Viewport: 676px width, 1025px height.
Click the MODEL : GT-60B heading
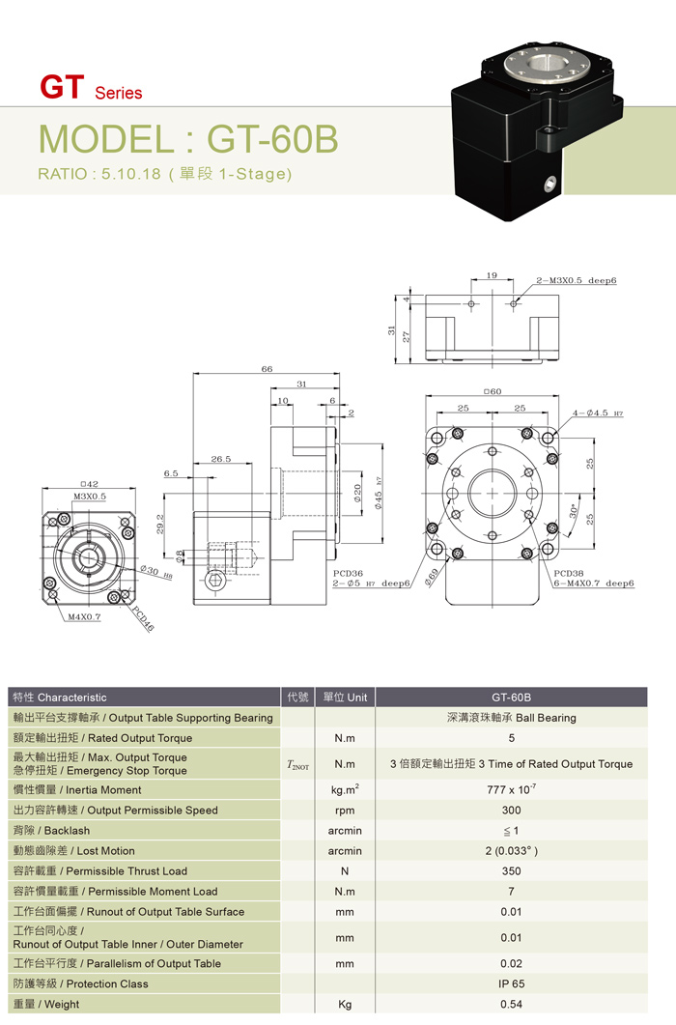click(188, 139)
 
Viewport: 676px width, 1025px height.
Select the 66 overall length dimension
click(267, 369)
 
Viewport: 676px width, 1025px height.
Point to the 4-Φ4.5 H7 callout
click(597, 413)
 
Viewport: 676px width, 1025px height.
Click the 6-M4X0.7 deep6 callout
click(594, 584)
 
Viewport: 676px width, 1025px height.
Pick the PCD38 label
click(569, 573)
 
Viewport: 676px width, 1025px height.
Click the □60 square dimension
click(493, 391)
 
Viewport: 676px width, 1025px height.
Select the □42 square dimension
click(89, 483)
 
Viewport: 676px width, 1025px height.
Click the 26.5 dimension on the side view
click(220, 460)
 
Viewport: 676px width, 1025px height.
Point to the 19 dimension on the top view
click(492, 276)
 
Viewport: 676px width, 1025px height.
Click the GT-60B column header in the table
click(511, 697)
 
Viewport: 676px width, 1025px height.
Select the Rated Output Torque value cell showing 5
click(511, 738)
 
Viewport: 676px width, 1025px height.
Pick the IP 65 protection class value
click(511, 983)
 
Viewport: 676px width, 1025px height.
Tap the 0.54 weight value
click(511, 1005)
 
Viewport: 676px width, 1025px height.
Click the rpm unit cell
click(345, 811)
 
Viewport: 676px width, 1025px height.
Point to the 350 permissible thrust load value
click(511, 871)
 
